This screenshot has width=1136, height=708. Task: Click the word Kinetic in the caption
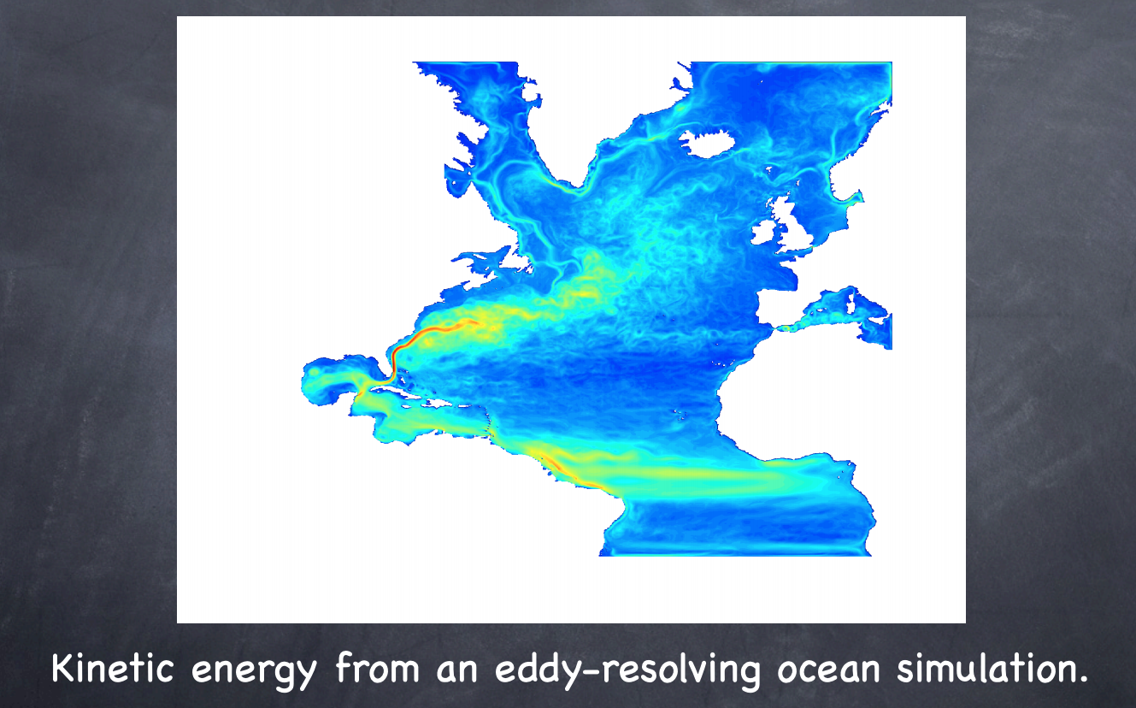click(x=113, y=669)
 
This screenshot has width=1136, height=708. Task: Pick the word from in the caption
click(x=377, y=668)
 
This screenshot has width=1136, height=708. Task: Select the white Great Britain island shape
click(x=792, y=223)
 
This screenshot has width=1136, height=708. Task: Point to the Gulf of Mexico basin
click(x=338, y=380)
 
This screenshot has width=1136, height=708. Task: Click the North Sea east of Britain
click(x=824, y=213)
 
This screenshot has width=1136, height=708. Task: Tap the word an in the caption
click(x=457, y=671)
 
